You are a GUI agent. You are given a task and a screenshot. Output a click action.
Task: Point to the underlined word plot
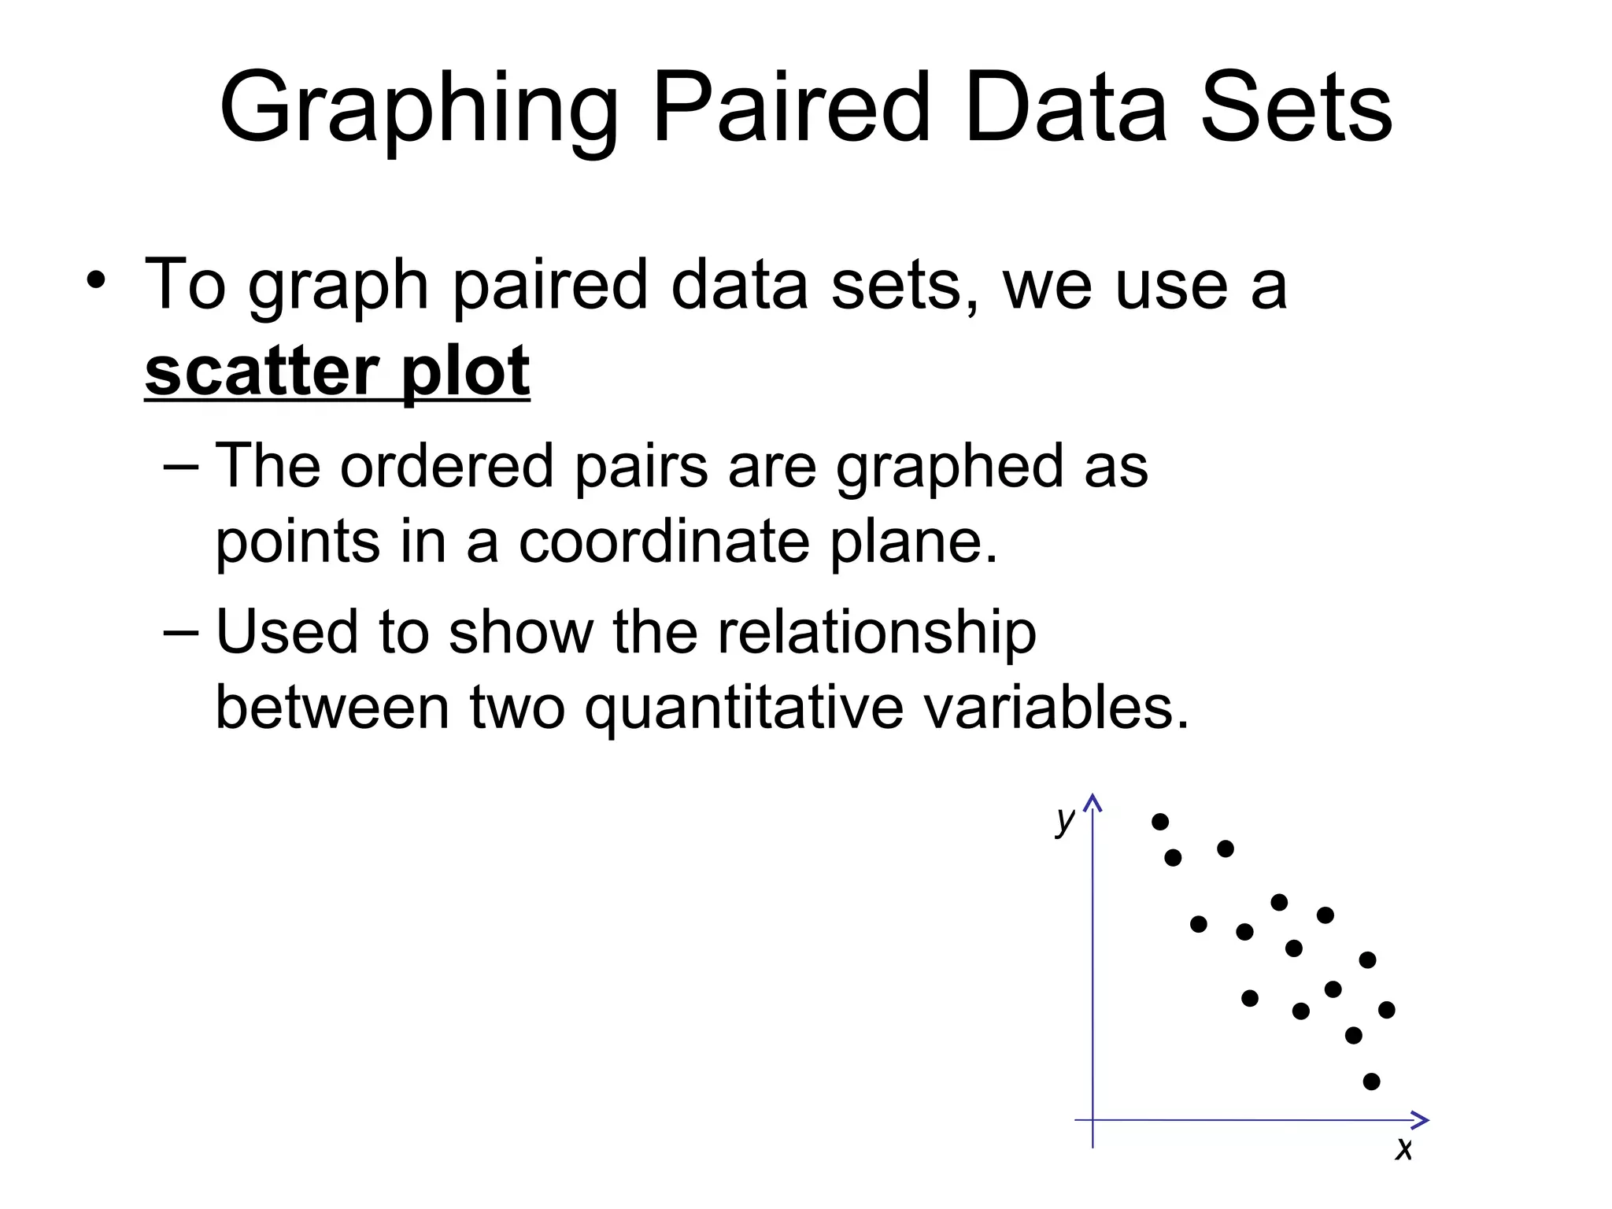(x=465, y=372)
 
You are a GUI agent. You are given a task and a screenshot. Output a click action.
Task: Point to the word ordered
(x=447, y=465)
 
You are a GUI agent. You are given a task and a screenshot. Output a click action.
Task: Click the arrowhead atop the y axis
(x=1093, y=802)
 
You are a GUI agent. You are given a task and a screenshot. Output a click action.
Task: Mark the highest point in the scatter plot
(x=1160, y=822)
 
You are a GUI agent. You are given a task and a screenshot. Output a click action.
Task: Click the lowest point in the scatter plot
(x=1371, y=1081)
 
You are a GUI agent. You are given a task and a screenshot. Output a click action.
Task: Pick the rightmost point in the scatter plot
(x=1387, y=1010)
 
